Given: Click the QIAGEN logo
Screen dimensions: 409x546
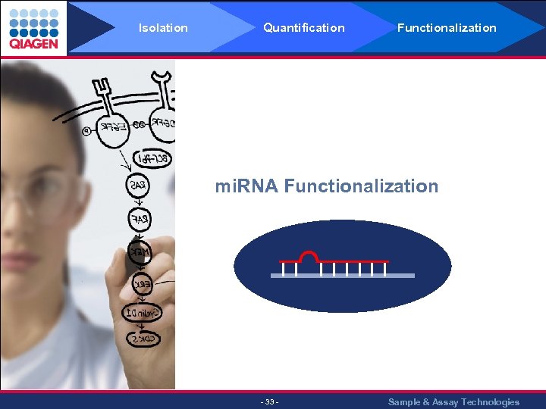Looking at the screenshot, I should tap(33, 28).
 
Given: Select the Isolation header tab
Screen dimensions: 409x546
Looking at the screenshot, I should tap(163, 28).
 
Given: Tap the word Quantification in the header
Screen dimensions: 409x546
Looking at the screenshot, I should tap(303, 28).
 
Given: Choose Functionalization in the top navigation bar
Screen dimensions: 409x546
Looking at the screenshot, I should tap(447, 28).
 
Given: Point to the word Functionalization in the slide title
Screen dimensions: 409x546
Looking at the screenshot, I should tap(361, 186).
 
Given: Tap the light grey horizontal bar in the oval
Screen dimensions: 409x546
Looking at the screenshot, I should tap(343, 276).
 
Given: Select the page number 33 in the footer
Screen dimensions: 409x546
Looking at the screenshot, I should tap(269, 401).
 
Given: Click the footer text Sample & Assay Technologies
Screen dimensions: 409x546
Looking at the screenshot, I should tap(453, 402).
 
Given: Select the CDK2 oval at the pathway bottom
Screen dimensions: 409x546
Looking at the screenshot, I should tap(143, 339).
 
